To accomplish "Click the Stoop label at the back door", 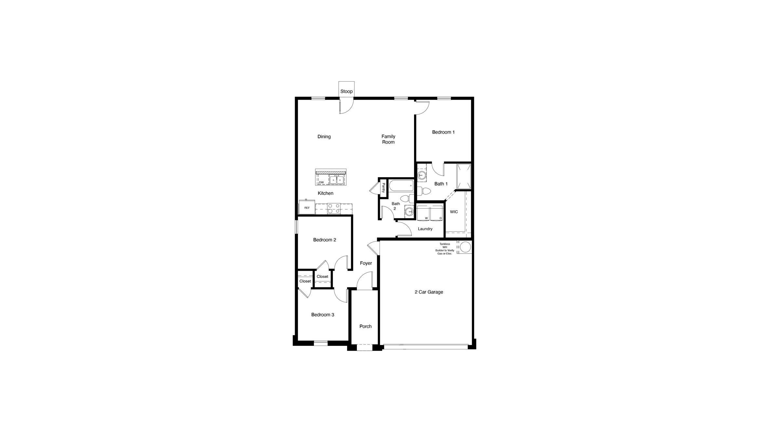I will [x=346, y=91].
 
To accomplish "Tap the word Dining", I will [x=324, y=137].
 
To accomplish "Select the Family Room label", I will [x=388, y=139].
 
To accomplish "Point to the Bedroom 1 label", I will [x=443, y=132].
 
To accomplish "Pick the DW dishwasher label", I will [x=321, y=182].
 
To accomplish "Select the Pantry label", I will [x=383, y=188].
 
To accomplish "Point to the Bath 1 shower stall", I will [x=464, y=177].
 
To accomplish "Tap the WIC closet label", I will [x=454, y=212].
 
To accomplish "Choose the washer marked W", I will [x=424, y=214].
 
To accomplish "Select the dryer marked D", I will [x=437, y=214].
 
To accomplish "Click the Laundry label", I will [x=425, y=229].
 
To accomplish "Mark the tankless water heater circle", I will [x=465, y=247].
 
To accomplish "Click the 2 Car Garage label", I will [x=429, y=292].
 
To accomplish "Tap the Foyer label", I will [x=366, y=263].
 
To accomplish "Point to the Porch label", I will [x=365, y=326].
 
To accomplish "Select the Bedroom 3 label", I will [x=323, y=315].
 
